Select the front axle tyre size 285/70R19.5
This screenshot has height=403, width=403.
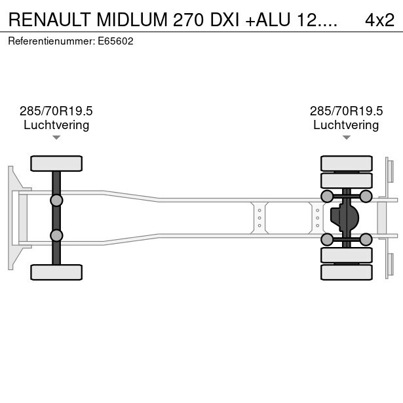(x=56, y=111)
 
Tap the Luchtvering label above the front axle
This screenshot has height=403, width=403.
(x=56, y=125)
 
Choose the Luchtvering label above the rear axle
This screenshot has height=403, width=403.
(x=346, y=125)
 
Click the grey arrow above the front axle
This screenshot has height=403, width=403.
(x=56, y=138)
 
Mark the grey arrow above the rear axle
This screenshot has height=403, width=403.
(x=346, y=138)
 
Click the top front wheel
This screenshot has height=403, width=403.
(x=56, y=163)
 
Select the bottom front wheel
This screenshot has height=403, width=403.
(x=56, y=272)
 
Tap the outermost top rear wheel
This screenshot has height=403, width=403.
(x=346, y=163)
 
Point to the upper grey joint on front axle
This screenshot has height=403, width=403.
(x=56, y=200)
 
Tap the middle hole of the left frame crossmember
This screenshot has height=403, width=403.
(x=259, y=218)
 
